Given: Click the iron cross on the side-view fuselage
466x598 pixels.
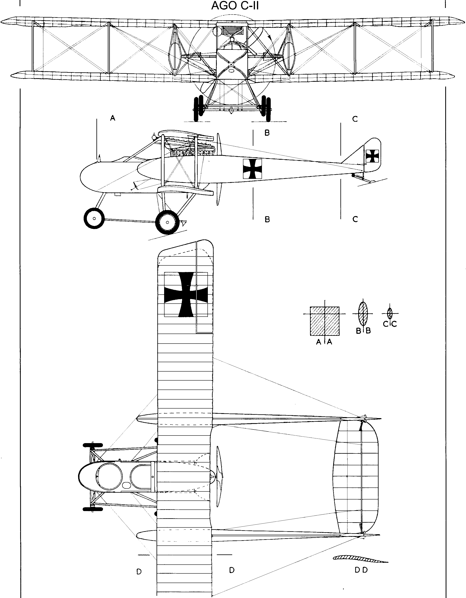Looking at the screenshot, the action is (252, 169).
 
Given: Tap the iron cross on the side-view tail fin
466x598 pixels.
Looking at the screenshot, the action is (372, 156).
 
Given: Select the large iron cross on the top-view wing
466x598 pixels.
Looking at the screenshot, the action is (186, 294).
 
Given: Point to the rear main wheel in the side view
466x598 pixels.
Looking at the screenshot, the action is (167, 222).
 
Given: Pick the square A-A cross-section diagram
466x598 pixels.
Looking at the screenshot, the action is (325, 321).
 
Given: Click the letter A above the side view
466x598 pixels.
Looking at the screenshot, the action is (112, 118).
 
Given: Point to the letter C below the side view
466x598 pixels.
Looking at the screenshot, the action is (355, 219).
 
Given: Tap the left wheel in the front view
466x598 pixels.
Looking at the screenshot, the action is (199, 108).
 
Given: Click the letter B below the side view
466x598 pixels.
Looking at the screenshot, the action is (267, 219).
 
